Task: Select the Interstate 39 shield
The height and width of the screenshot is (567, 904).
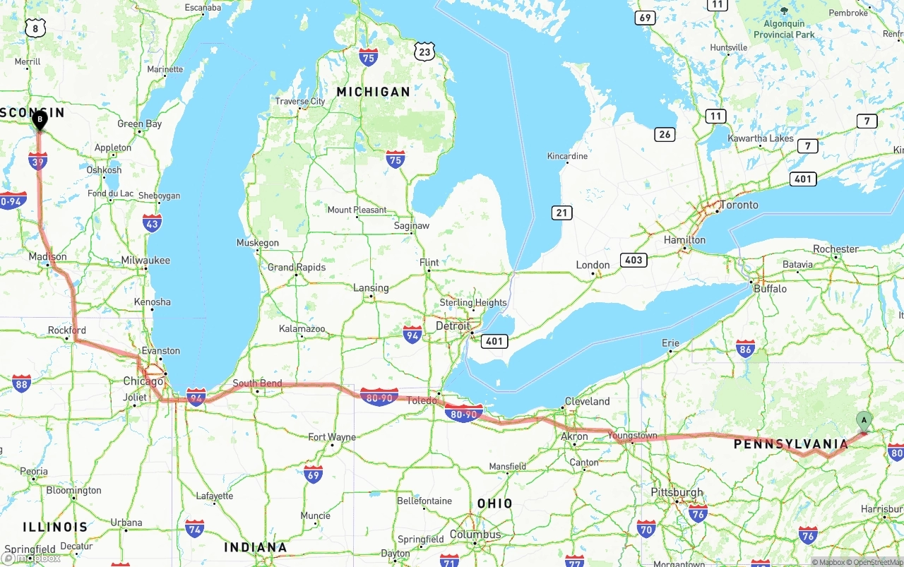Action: (x=38, y=161)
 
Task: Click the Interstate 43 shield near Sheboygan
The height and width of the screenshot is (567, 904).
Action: (x=152, y=223)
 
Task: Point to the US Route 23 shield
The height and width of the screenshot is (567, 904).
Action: (x=424, y=52)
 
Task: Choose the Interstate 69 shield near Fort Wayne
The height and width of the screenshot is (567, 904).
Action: (x=313, y=473)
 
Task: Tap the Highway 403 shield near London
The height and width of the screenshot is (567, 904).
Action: (x=634, y=260)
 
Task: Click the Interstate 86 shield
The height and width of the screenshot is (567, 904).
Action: (x=745, y=348)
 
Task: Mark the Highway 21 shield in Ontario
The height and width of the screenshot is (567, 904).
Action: (x=562, y=213)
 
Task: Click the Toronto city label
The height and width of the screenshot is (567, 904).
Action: (x=739, y=205)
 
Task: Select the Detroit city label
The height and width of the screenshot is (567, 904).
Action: (x=452, y=326)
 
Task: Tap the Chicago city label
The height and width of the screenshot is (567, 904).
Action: (x=143, y=381)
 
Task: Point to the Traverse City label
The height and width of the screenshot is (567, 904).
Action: (x=300, y=102)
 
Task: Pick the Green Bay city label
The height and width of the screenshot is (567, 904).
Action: (x=139, y=124)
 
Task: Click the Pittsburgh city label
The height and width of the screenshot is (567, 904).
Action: (x=677, y=492)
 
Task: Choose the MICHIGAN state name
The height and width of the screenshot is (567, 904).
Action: (x=373, y=92)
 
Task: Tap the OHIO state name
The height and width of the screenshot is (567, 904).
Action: (x=494, y=503)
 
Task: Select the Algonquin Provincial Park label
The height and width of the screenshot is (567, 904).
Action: (x=784, y=30)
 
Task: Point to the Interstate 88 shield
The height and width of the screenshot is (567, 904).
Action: (x=21, y=383)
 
